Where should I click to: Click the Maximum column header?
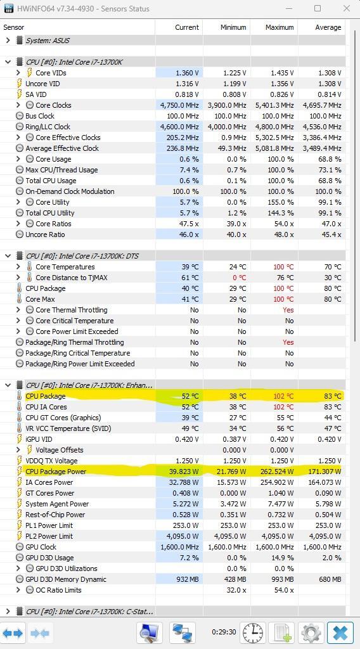click(280, 27)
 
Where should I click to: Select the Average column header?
click(328, 27)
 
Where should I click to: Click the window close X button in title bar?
click(346, 9)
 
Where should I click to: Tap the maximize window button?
click(318, 8)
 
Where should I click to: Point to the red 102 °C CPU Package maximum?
click(283, 396)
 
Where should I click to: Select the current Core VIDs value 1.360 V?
click(187, 73)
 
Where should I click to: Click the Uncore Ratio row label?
click(45, 235)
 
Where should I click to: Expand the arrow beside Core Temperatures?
click(18, 267)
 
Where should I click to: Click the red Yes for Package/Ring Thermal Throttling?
click(288, 342)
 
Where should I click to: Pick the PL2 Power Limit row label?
click(49, 536)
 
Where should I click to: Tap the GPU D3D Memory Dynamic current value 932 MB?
click(188, 579)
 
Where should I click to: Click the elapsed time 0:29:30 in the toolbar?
click(224, 632)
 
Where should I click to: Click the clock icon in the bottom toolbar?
click(253, 633)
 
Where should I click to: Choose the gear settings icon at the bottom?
click(311, 633)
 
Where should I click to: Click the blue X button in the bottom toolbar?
click(340, 633)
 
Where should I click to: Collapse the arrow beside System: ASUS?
click(8, 41)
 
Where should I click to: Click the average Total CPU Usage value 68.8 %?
click(330, 181)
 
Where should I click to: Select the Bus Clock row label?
click(40, 116)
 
